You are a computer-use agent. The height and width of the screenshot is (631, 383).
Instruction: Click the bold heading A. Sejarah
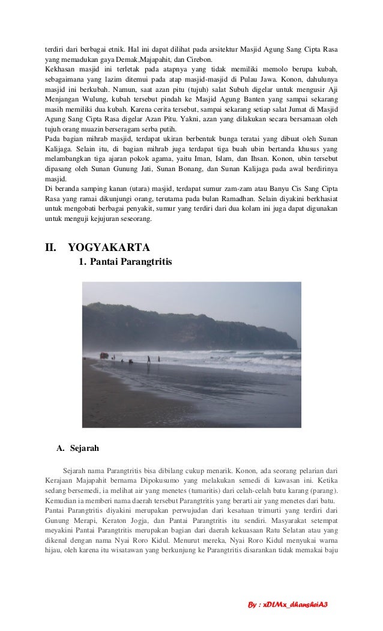pos(74,447)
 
